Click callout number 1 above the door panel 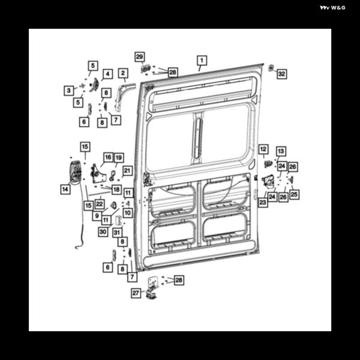202,61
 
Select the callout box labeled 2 123,73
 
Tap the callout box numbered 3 68,91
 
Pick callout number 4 107,74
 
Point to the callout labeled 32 282,74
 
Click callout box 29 140,57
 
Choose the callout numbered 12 263,149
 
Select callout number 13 281,151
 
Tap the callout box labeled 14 65,189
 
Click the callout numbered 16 108,157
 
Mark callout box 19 119,158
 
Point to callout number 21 127,170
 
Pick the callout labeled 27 136,293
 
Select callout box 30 103,232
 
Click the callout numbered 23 263,202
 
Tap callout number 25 294,194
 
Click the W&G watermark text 332,8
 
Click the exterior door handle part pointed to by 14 76,173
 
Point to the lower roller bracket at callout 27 152,289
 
